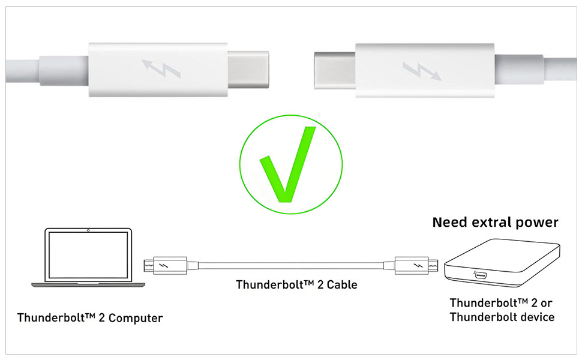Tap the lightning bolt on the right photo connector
(x=423, y=71)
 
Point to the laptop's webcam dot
(x=88, y=230)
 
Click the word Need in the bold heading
(x=451, y=223)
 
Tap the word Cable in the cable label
(x=341, y=284)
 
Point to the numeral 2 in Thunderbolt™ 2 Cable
(x=319, y=284)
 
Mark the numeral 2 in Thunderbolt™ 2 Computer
(x=101, y=317)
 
